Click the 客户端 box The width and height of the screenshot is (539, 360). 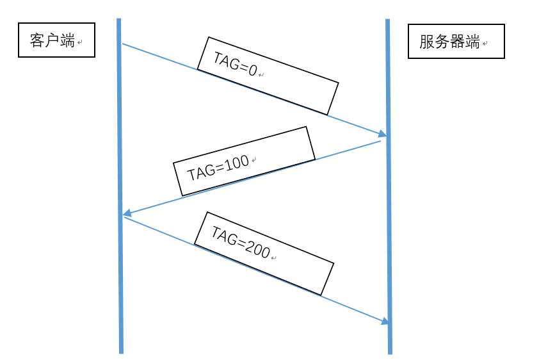56,40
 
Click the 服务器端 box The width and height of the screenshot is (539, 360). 456,42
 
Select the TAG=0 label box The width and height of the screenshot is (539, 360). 267,76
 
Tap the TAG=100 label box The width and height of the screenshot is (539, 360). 244,161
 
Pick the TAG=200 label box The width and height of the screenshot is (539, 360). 264,254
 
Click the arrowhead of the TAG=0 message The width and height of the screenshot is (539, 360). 383,134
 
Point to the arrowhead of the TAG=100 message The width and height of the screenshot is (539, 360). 127,213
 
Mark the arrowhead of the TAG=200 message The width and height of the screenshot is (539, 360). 385,321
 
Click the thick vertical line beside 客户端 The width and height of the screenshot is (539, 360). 120,192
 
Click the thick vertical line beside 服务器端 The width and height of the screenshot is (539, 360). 389,192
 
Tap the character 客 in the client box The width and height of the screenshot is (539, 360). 37,41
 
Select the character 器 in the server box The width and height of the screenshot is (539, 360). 458,42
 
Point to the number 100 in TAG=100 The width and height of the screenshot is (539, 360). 237,163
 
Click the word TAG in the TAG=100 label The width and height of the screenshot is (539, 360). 198,173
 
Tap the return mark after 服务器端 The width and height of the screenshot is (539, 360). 485,44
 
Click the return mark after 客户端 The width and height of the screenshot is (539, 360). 80,43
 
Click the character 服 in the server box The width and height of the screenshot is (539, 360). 427,42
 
